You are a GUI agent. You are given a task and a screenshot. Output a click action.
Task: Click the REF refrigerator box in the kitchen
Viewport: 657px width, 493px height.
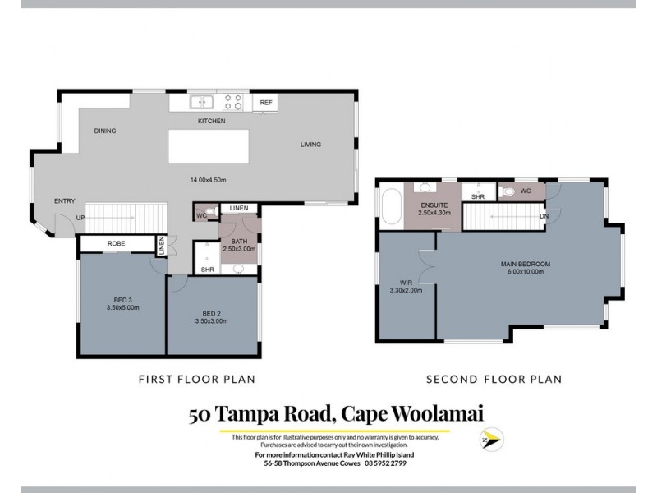[x=265, y=103]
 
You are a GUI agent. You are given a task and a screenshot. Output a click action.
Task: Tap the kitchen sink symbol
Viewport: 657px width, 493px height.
[x=202, y=103]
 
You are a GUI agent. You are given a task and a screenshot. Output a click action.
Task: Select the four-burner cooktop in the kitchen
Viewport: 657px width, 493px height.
[x=234, y=103]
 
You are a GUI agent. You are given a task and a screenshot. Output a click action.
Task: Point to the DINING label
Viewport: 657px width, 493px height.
[x=104, y=131]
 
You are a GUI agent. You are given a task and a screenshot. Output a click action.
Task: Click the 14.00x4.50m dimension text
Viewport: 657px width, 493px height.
[x=208, y=179]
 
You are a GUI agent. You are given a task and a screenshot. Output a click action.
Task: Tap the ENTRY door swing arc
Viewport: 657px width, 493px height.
[x=60, y=220]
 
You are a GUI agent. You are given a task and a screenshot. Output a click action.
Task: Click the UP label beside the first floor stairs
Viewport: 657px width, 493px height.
[x=80, y=218]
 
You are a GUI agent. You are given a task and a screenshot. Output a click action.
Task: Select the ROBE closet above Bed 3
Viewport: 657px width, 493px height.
[x=116, y=244]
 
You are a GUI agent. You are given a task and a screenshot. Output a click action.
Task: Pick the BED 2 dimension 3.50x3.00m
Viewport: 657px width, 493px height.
[x=213, y=320]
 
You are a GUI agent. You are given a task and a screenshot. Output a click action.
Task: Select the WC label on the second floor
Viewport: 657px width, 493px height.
[x=526, y=191]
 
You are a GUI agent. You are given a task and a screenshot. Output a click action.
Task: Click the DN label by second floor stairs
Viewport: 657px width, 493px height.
[x=544, y=217]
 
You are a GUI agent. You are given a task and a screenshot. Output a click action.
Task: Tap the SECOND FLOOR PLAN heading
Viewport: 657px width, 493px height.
[x=493, y=380]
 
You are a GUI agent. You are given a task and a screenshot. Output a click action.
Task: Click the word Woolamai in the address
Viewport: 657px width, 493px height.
[x=417, y=415]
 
